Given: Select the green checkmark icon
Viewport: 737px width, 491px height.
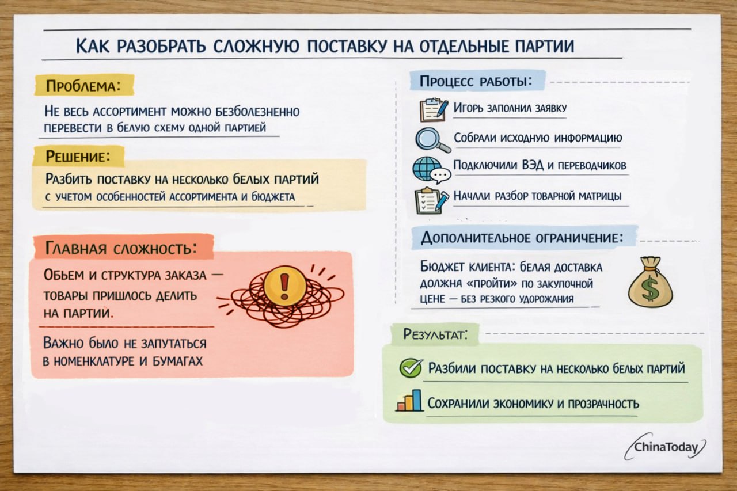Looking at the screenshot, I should tap(411, 368).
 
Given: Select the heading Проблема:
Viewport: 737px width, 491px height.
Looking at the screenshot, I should tap(83, 86).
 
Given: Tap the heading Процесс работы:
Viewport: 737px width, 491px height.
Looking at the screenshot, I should tap(475, 81).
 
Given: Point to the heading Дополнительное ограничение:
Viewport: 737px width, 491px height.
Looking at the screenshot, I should tap(522, 238).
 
